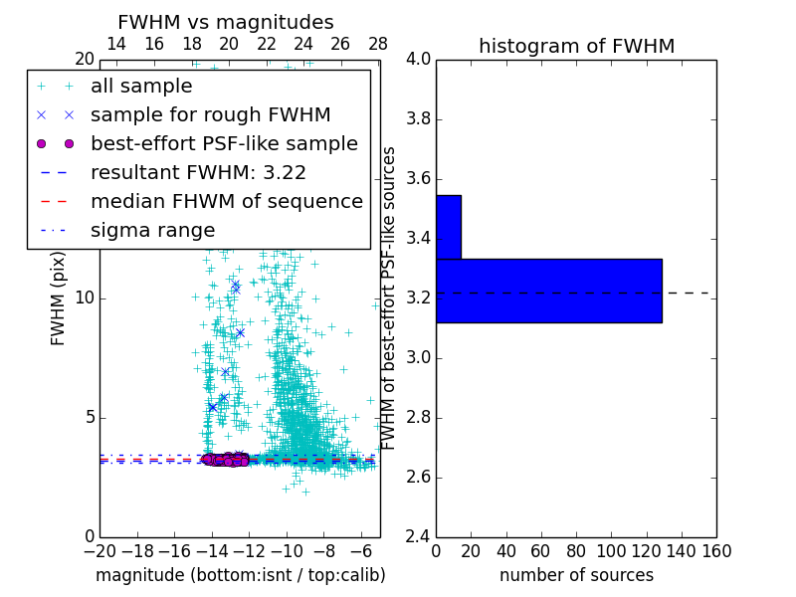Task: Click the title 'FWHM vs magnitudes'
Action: click(x=225, y=22)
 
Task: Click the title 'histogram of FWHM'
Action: click(x=576, y=46)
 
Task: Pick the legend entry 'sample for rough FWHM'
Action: click(x=210, y=114)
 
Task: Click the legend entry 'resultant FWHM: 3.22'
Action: click(x=198, y=172)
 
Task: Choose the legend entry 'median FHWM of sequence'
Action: click(x=226, y=201)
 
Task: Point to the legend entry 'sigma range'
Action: click(x=152, y=230)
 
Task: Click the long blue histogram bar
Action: click(x=548, y=291)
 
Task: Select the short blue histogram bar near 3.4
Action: click(x=448, y=227)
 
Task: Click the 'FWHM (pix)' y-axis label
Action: click(x=59, y=298)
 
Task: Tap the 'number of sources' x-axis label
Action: click(x=576, y=575)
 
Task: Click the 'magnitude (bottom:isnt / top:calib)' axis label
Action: click(x=240, y=575)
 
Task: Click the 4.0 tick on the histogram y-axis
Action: click(x=419, y=60)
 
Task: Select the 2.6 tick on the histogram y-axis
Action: click(x=419, y=478)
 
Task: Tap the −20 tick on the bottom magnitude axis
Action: click(x=99, y=550)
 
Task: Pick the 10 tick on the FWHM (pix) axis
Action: click(x=85, y=298)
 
